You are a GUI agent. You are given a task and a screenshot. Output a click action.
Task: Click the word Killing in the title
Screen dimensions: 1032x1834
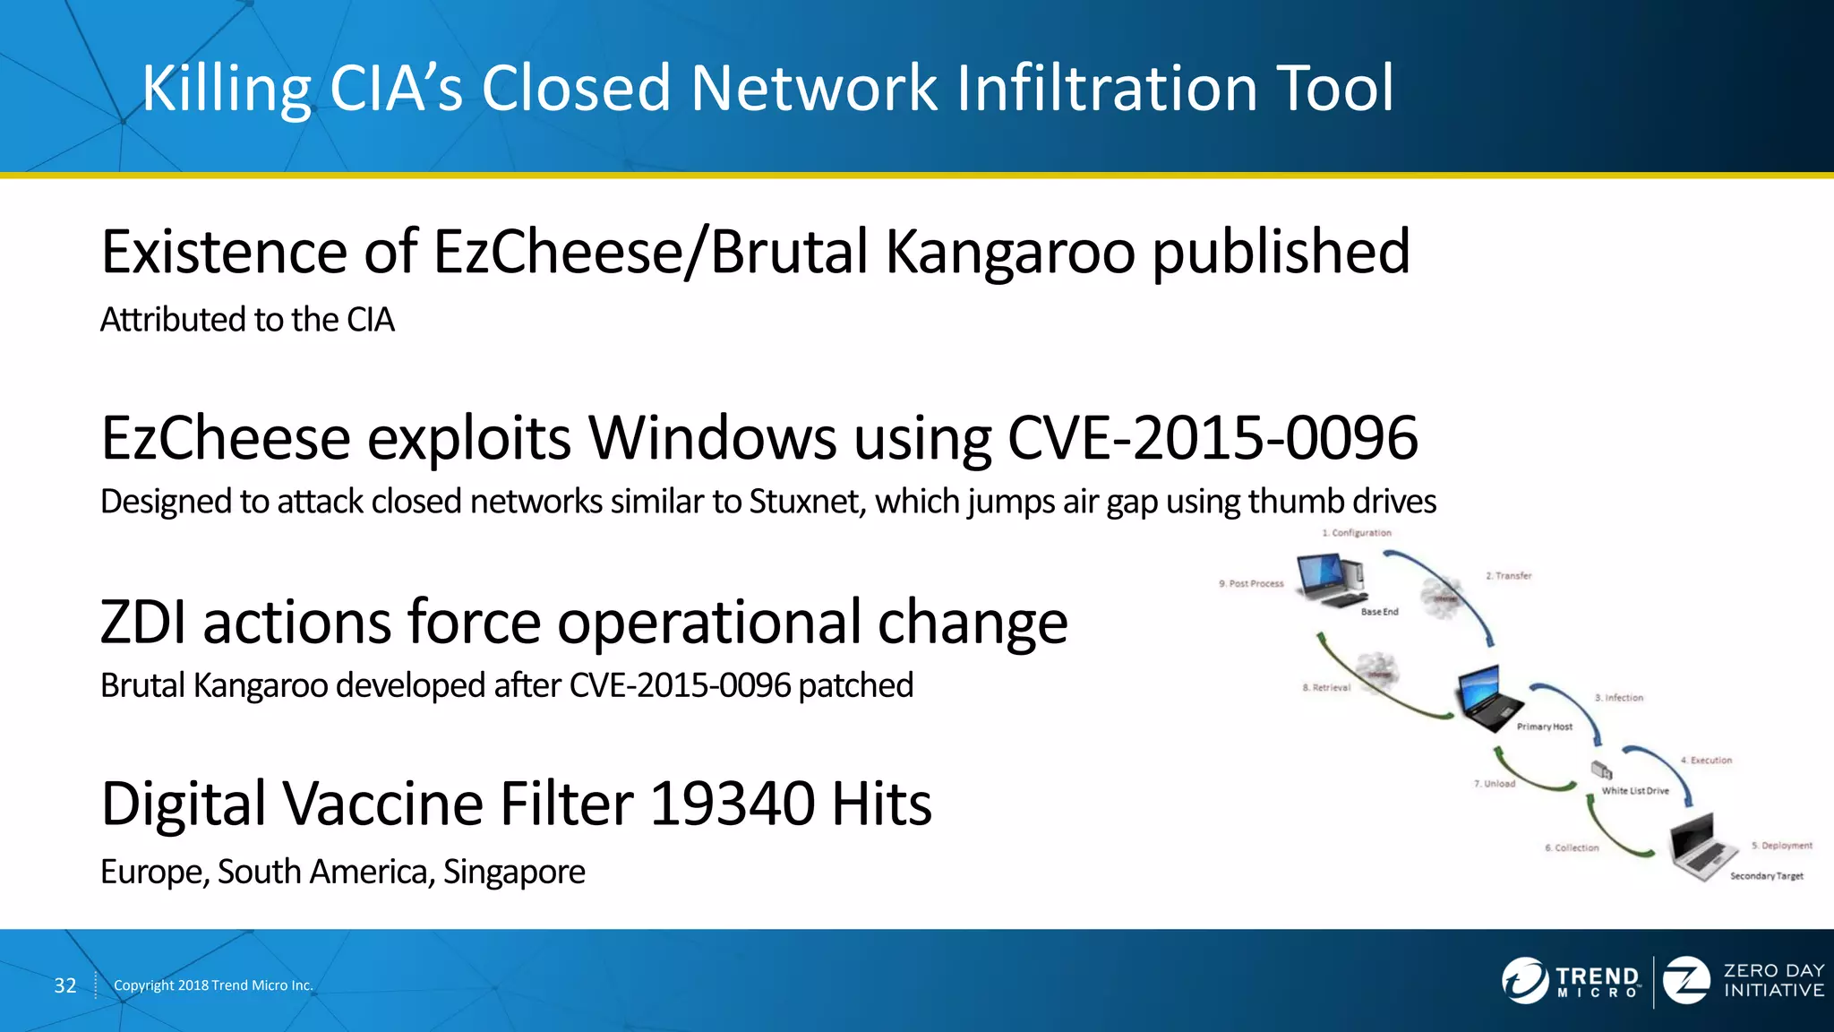[226, 89]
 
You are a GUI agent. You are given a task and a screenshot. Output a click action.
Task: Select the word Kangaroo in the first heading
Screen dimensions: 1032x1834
[1010, 252]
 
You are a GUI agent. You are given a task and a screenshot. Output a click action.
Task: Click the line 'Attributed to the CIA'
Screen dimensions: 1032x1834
[247, 320]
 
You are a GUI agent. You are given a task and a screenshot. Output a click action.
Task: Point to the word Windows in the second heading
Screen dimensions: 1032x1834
[713, 438]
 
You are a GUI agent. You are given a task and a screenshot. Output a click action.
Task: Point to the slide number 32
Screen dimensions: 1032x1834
[65, 985]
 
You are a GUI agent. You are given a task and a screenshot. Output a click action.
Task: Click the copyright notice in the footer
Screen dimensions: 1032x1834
[213, 985]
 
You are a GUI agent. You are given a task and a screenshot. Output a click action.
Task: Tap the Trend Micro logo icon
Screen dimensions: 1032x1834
[1524, 980]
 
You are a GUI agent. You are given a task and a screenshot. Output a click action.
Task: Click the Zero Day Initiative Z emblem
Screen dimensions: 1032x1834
[1686, 980]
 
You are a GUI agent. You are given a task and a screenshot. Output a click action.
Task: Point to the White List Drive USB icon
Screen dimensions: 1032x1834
[1601, 770]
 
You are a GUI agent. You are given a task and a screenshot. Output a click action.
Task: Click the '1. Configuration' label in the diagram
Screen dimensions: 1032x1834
[1357, 533]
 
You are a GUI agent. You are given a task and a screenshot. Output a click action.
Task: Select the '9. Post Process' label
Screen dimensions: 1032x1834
[1251, 584]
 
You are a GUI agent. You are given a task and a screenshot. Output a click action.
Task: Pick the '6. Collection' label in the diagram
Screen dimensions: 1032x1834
[1572, 847]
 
